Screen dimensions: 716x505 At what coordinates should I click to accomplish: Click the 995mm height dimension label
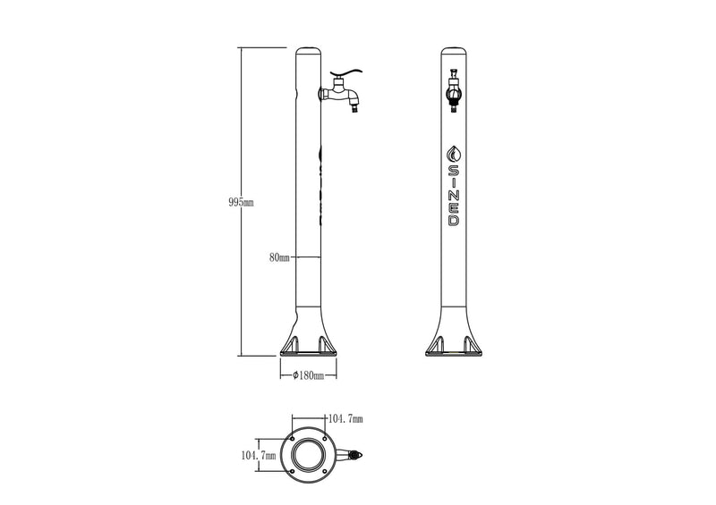coord(241,203)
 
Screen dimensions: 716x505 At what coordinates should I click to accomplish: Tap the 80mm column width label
coord(279,257)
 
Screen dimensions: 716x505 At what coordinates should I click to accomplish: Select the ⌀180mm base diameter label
coord(308,375)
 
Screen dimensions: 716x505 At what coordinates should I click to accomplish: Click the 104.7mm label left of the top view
coord(259,455)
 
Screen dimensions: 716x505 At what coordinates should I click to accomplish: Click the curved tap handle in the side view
coord(345,73)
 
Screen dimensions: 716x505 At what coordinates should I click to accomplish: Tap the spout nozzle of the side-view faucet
coord(354,107)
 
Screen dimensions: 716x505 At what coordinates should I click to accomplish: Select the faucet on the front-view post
coord(454,91)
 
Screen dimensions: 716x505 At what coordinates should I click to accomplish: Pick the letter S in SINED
coord(454,171)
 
